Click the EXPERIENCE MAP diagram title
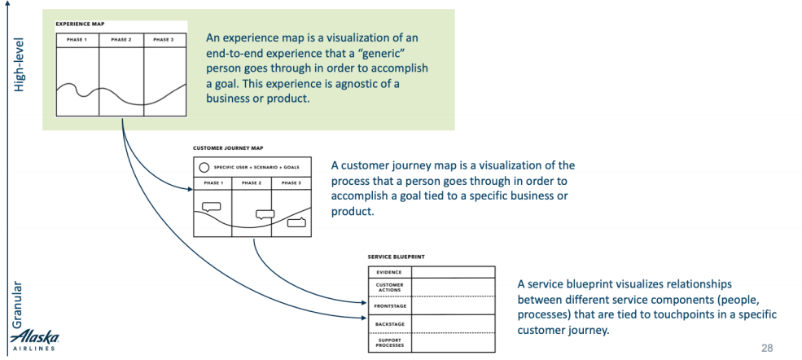pos(80,24)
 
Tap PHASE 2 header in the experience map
pos(121,39)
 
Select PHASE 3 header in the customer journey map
pos(291,183)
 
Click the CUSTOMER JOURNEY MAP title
pos(228,148)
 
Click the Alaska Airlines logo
pos(33,340)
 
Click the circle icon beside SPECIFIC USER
pos(203,166)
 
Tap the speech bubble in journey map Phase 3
pos(296,220)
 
